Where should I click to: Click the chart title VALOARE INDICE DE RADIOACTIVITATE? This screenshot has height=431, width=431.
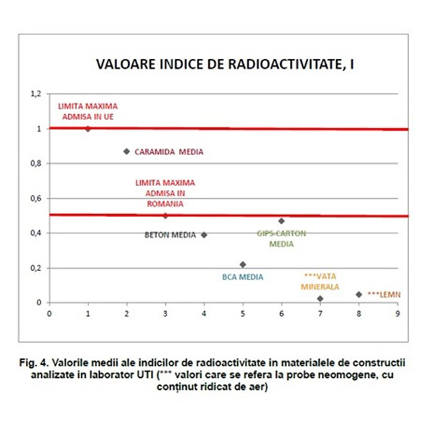click(227, 65)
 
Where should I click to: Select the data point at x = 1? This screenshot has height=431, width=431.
click(88, 129)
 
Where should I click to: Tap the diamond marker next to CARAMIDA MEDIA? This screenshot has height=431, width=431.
click(126, 152)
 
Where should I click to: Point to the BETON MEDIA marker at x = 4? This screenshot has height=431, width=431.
click(204, 235)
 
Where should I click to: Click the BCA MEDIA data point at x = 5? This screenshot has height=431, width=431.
click(243, 264)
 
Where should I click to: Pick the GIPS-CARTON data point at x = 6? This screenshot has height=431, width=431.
click(282, 221)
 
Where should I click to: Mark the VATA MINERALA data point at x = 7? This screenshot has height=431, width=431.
click(320, 298)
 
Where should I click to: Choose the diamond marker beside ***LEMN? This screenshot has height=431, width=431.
click(358, 295)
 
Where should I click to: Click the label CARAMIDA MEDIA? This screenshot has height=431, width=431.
click(169, 152)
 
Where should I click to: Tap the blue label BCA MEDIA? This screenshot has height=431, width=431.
click(242, 277)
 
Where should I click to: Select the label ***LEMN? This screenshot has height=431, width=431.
click(384, 295)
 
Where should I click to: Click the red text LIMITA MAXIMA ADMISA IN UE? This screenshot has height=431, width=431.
click(87, 111)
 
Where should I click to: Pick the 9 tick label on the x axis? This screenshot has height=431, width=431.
click(397, 313)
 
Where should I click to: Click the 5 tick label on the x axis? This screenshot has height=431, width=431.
click(243, 313)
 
